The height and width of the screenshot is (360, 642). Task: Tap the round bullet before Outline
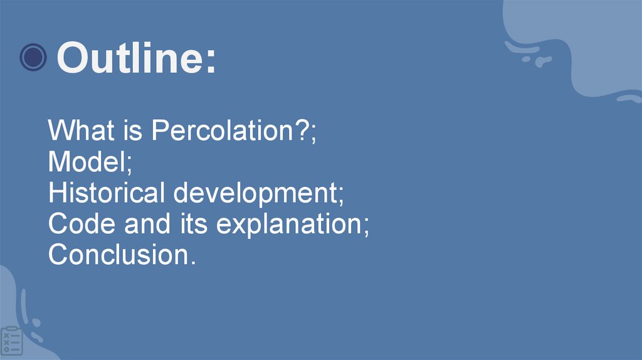point(33,58)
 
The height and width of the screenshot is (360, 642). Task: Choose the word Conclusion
point(117,255)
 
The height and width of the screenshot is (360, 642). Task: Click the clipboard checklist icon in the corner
point(11,341)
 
